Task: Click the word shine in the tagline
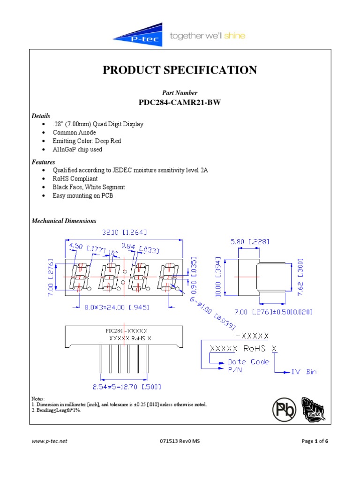pyautogui.click(x=235, y=36)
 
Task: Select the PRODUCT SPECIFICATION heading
pyautogui.click(x=180, y=70)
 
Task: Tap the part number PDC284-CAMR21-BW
pyautogui.click(x=180, y=102)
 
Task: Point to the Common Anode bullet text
pyautogui.click(x=74, y=133)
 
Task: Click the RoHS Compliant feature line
pyautogui.click(x=75, y=179)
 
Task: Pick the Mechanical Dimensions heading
pyautogui.click(x=64, y=221)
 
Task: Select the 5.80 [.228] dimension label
pyautogui.click(x=249, y=241)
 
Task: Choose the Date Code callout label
pyautogui.click(x=248, y=362)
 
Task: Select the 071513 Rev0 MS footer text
pyautogui.click(x=180, y=441)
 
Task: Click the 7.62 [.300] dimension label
pyautogui.click(x=300, y=277)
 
